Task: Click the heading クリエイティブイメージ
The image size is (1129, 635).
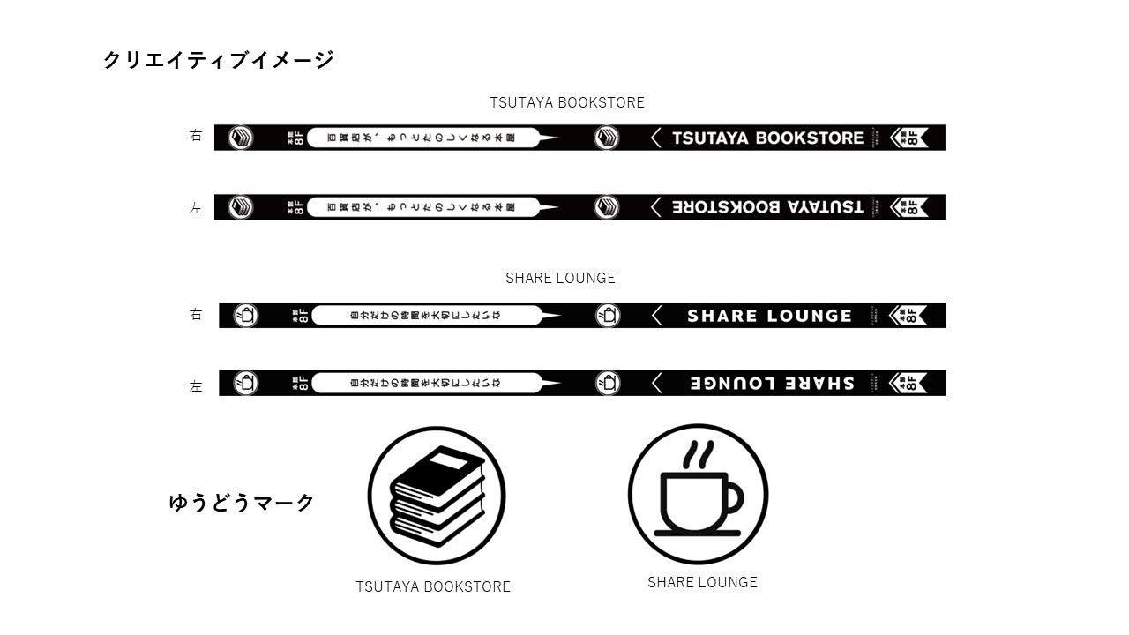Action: pyautogui.click(x=218, y=60)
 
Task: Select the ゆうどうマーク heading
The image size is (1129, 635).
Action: pyautogui.click(x=242, y=503)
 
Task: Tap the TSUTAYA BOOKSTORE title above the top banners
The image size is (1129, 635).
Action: pyautogui.click(x=567, y=102)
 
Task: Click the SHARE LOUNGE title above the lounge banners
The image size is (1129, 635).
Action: pyautogui.click(x=560, y=278)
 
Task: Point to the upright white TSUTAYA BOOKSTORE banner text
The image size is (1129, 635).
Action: pyautogui.click(x=767, y=138)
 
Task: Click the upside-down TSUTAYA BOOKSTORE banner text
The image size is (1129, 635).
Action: pyautogui.click(x=767, y=207)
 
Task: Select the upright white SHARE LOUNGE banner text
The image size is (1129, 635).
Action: pyautogui.click(x=769, y=316)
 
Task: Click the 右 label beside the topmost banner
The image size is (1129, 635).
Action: pyautogui.click(x=196, y=136)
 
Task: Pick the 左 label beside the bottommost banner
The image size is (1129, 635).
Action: pyautogui.click(x=196, y=385)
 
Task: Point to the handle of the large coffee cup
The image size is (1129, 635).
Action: pyautogui.click(x=733, y=499)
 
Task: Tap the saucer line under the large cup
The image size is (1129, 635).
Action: pyautogui.click(x=696, y=533)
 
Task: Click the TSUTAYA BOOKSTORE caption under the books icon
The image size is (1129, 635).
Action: pyautogui.click(x=433, y=586)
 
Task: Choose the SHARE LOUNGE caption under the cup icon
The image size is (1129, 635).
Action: pyautogui.click(x=702, y=582)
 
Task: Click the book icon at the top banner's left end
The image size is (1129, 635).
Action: pyautogui.click(x=241, y=138)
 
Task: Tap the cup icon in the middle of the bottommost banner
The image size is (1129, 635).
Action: pyautogui.click(x=608, y=383)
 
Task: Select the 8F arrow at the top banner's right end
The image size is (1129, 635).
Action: pyautogui.click(x=908, y=138)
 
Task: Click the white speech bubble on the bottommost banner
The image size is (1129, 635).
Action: pyautogui.click(x=428, y=383)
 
